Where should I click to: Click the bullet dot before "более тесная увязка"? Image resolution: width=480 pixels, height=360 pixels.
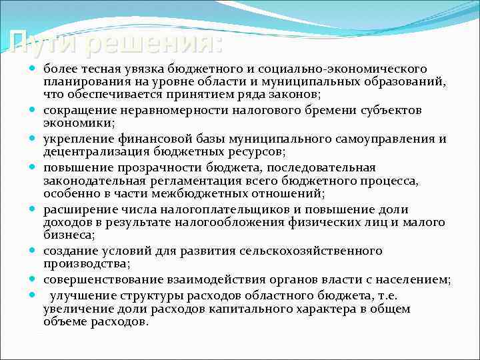pos(33,69)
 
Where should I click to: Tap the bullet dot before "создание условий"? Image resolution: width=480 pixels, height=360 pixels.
pos(33,251)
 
